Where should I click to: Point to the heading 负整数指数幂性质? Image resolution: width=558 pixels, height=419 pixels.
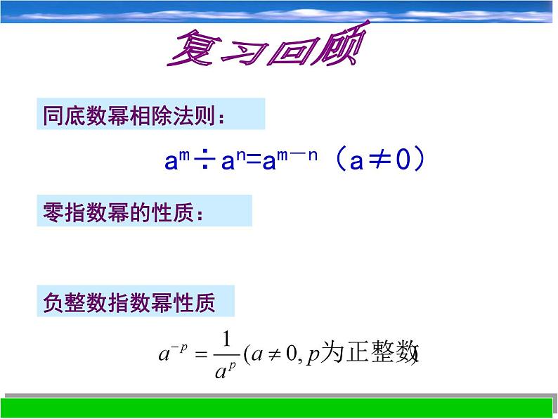point(129,303)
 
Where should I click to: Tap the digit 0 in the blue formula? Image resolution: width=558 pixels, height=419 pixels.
point(402,161)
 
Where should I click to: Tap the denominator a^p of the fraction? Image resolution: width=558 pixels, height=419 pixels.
point(226,369)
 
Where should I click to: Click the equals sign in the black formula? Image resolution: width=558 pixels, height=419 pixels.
point(200,354)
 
